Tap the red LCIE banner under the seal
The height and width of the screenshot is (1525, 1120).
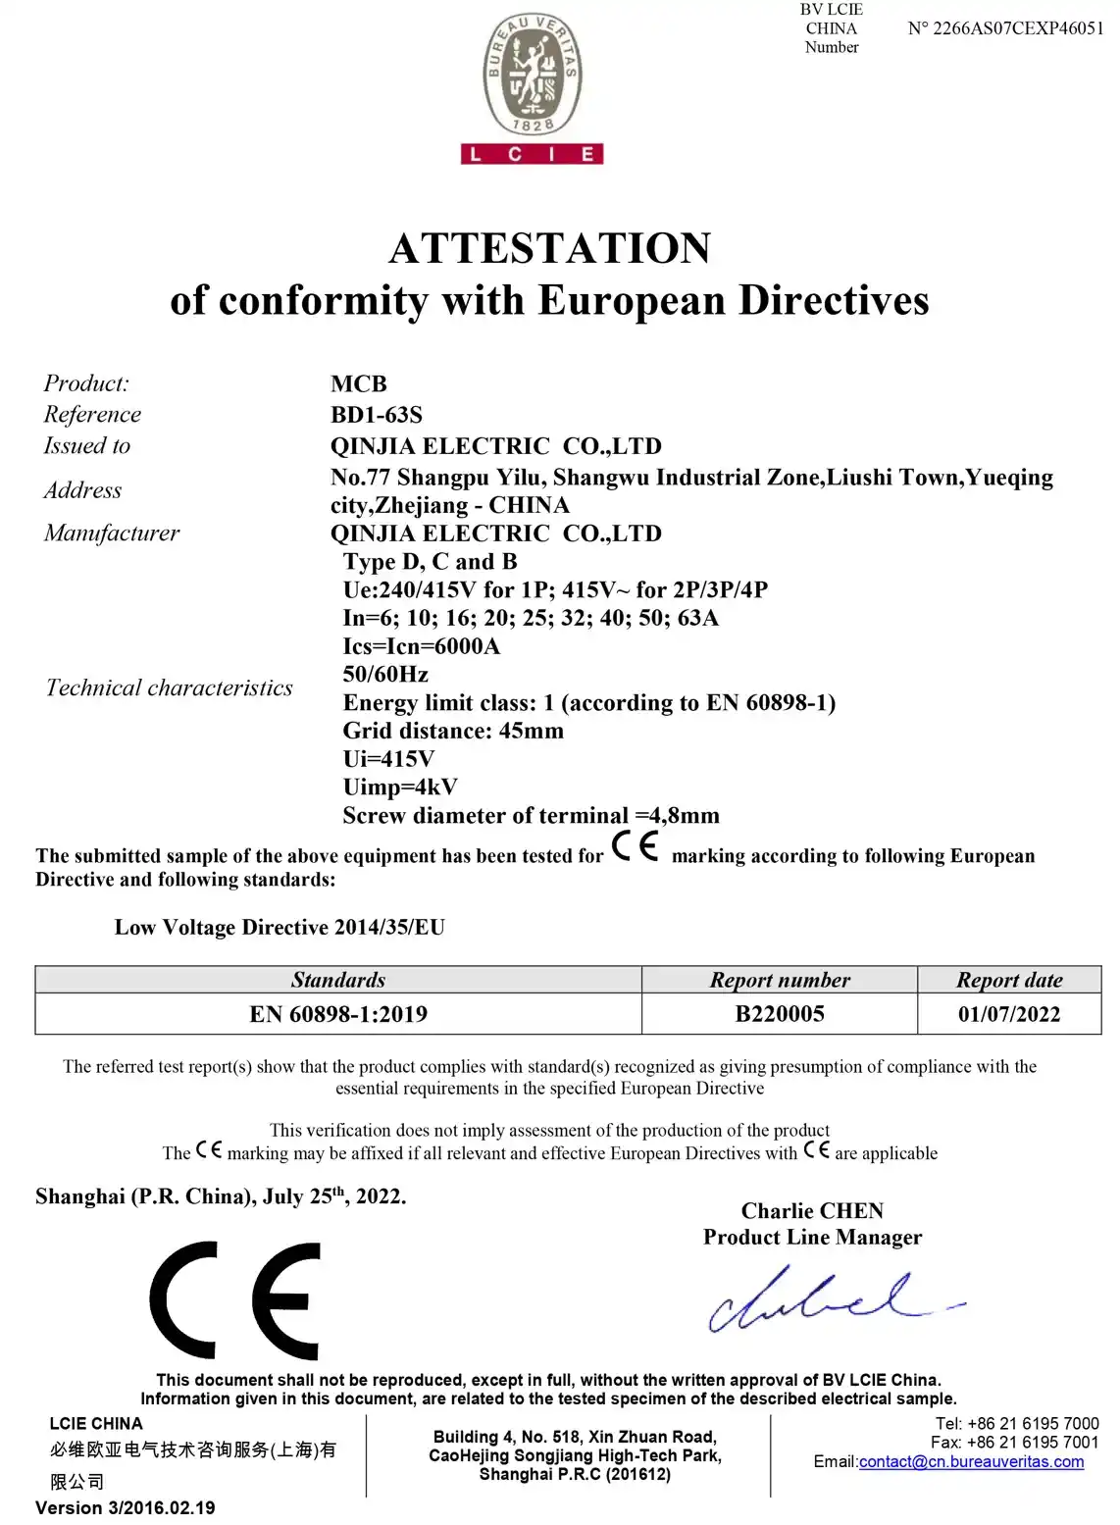click(x=532, y=154)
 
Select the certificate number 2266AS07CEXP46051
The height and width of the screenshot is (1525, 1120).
click(x=1005, y=28)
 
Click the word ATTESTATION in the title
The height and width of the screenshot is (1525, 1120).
click(x=549, y=248)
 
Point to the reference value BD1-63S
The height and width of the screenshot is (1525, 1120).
click(x=377, y=415)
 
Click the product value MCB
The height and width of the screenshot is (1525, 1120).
click(x=359, y=383)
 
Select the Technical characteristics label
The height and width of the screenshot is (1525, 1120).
click(x=169, y=688)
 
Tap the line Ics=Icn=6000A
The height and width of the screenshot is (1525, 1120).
click(x=421, y=646)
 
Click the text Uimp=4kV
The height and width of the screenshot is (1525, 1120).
click(x=399, y=788)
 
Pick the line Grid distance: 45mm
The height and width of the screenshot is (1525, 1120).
click(x=452, y=731)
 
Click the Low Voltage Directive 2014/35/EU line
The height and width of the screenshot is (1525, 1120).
click(x=280, y=928)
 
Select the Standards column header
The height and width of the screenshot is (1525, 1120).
click(x=338, y=980)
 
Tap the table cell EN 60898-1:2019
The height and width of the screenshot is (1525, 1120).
click(x=338, y=1014)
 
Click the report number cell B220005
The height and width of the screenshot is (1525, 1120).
click(x=780, y=1014)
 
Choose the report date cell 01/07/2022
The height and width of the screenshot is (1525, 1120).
click(x=1009, y=1014)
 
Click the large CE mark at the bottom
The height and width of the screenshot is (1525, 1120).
click(x=235, y=1300)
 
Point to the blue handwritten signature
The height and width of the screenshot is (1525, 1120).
click(x=824, y=1299)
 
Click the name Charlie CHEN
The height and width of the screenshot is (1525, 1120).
click(x=812, y=1211)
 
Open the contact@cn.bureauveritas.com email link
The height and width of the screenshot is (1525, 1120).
click(x=971, y=1462)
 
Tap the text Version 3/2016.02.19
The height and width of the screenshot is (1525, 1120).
click(x=126, y=1508)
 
